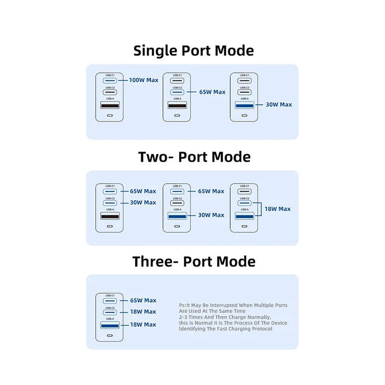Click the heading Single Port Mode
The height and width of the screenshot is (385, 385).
click(193, 51)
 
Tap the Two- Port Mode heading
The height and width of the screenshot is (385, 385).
click(194, 157)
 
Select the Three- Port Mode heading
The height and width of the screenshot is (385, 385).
click(194, 261)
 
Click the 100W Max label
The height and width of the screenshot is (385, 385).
click(143, 80)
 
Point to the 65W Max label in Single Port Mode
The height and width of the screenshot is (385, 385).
click(212, 92)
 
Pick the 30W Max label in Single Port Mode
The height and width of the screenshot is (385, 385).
click(279, 104)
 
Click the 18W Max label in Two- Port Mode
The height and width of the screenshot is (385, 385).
click(278, 209)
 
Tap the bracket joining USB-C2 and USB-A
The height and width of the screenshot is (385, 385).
click(261, 209)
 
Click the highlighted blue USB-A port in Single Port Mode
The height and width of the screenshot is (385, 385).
click(244, 105)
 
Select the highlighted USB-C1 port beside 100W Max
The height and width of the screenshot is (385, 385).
click(110, 80)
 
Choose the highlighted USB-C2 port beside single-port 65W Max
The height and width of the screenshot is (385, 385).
click(177, 92)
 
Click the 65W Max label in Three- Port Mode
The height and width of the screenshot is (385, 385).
click(143, 300)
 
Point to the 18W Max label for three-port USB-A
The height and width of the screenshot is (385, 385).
click(143, 324)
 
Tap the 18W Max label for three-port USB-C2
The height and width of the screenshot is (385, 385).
click(143, 312)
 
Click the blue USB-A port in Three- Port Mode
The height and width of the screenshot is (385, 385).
click(110, 325)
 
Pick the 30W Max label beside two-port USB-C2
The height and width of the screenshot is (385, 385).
click(143, 203)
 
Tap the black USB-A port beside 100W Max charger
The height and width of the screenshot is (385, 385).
click(110, 105)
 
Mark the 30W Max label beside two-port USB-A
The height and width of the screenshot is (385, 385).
click(211, 215)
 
